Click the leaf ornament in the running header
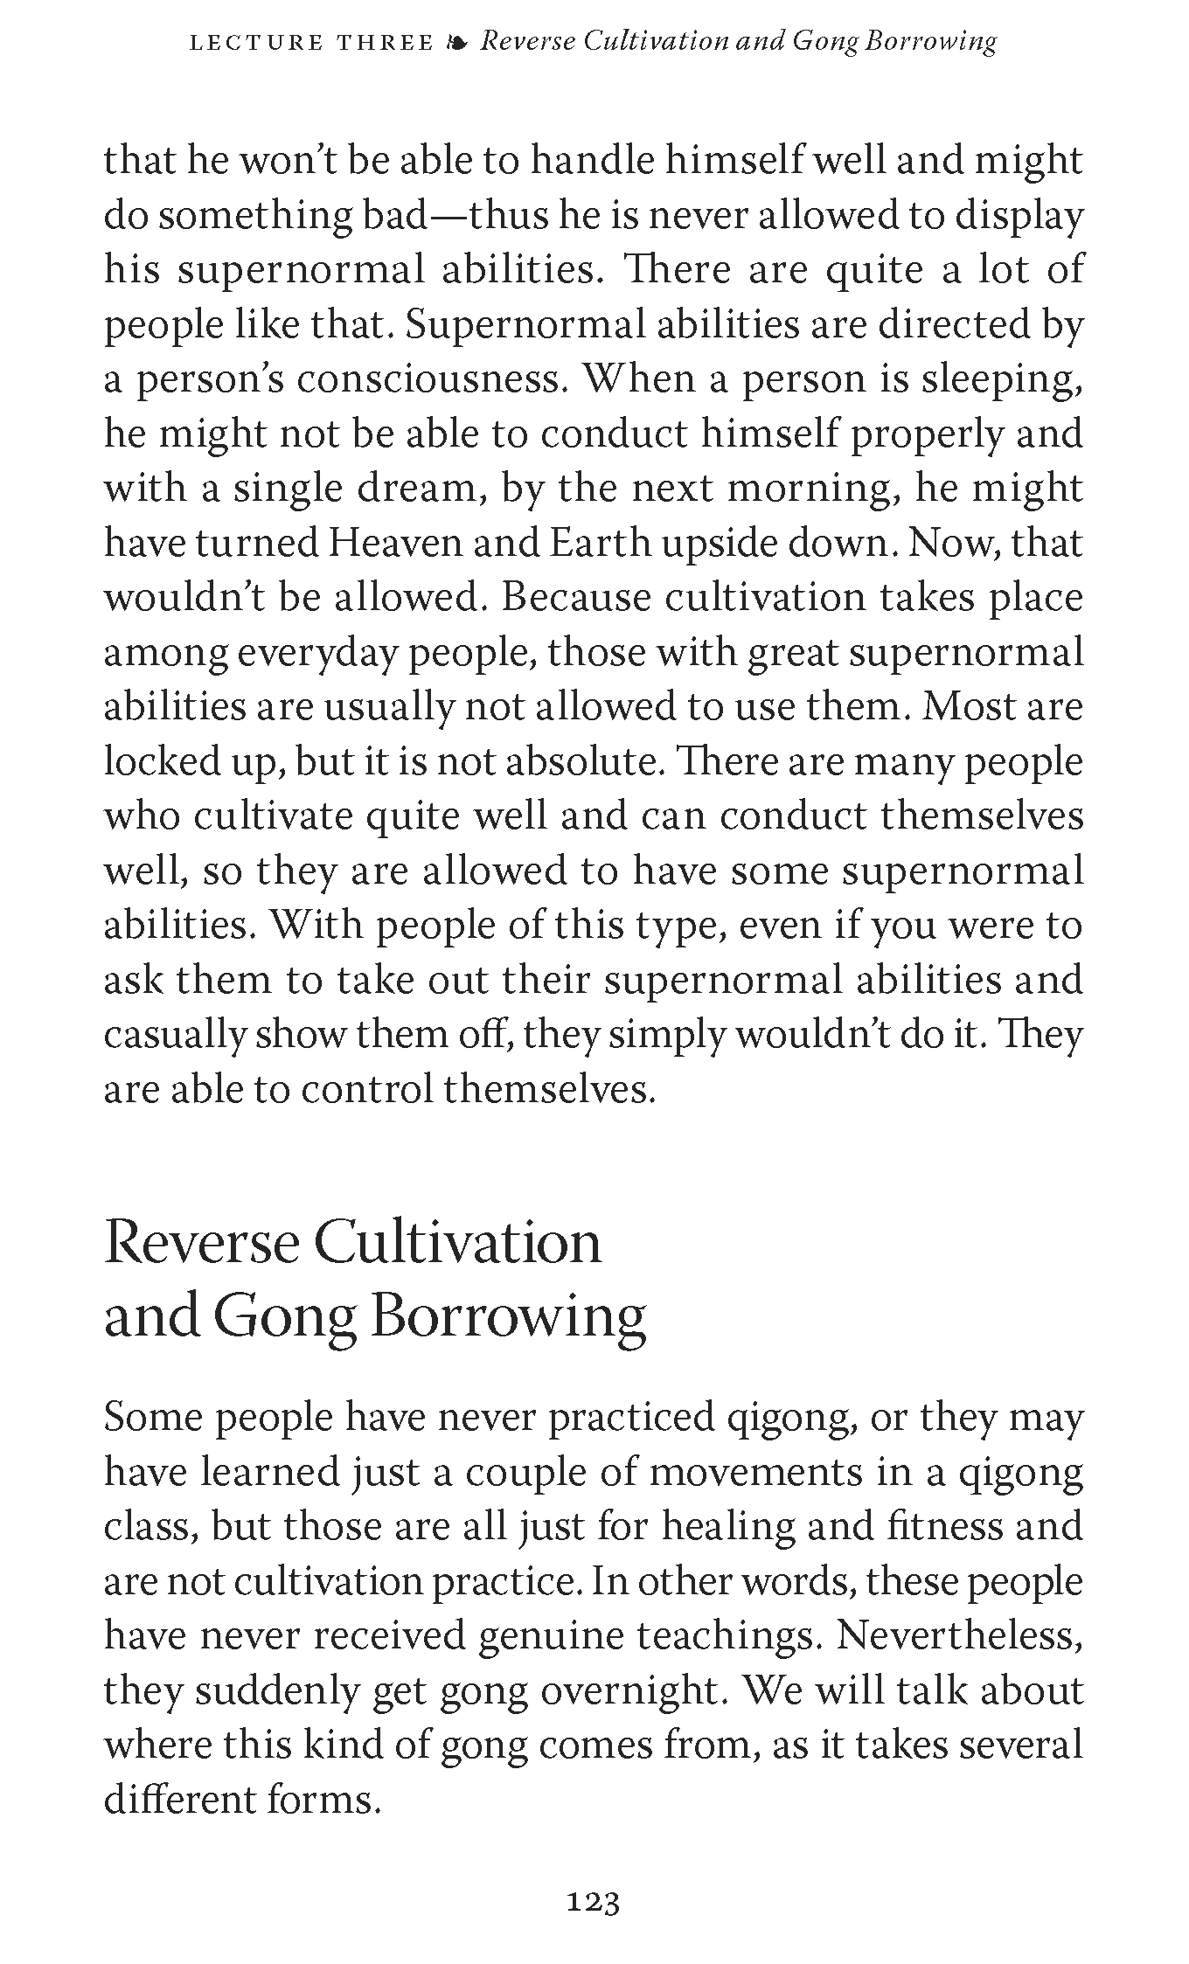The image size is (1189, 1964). (x=456, y=43)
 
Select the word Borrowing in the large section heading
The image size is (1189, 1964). (x=509, y=1316)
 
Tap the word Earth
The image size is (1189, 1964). (x=600, y=545)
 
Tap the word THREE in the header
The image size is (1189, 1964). (x=386, y=43)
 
